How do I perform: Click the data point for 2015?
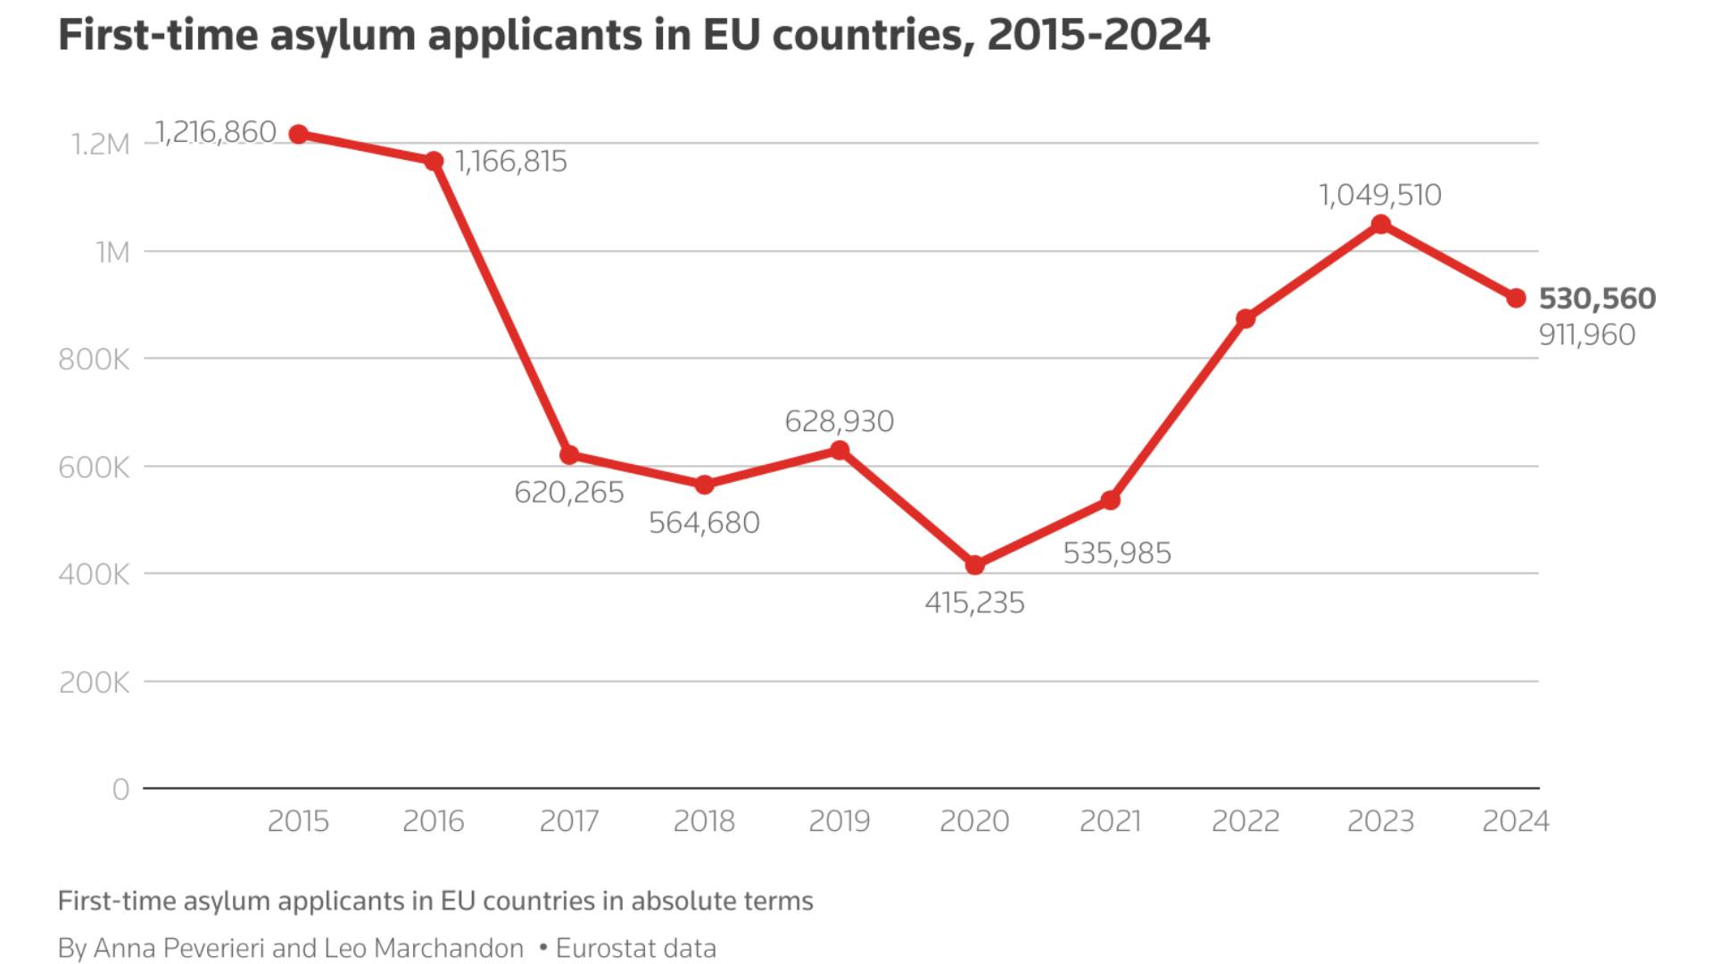coord(299,134)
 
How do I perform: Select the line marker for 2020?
coord(974,565)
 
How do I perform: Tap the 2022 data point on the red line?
coord(1245,319)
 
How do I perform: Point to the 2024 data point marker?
coord(1516,298)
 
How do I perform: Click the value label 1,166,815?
coord(511,162)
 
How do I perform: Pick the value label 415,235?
coord(974,603)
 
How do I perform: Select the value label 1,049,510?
coord(1380,195)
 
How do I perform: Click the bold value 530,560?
coord(1597,298)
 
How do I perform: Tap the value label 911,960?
coord(1587,335)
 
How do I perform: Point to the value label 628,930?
coord(839,421)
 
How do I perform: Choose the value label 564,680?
coord(704,523)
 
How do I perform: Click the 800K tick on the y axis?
coord(94,360)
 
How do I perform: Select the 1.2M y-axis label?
coord(100,145)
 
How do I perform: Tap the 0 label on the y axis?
coord(120,790)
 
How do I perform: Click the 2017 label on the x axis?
coord(569,821)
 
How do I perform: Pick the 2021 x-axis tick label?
coord(1110,821)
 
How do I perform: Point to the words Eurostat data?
coord(635,948)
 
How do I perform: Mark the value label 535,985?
coord(1117,553)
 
